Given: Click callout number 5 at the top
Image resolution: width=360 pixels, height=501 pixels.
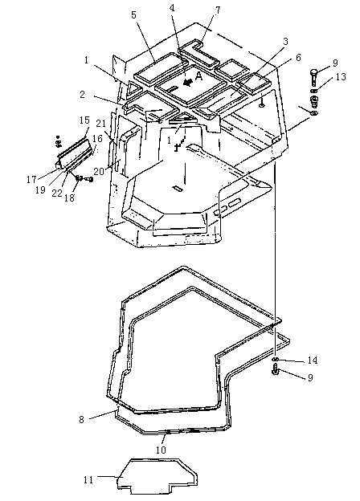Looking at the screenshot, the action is pos(134,15).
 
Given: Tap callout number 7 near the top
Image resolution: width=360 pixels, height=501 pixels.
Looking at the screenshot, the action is pos(218,10).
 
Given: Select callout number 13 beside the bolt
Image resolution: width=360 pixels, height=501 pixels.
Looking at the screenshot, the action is pos(341,77).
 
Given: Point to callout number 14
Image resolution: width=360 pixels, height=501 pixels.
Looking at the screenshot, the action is pos(313,360).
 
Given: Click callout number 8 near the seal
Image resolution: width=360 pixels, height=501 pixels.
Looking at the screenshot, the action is pos(82,419).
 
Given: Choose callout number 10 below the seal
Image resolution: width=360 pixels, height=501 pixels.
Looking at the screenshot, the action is pos(162,450).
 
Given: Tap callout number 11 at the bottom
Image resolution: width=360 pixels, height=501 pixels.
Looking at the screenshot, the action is pos(88,480).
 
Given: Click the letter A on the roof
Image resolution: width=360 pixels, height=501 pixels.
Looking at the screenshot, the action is pos(198,76).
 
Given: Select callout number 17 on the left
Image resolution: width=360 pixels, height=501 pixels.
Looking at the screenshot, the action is pos(31,180).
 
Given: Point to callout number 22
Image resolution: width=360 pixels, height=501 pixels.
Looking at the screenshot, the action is pos(57,193).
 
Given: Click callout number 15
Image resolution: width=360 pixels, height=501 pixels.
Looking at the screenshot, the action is pos(84,120).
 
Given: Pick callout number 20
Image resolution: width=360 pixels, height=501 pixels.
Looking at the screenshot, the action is pos(99,172).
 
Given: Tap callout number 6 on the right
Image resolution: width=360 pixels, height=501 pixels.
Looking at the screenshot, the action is pos(298,58).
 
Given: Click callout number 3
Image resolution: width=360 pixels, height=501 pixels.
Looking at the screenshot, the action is pos(285,41).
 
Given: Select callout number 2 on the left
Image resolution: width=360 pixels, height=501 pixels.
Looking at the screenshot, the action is pos(83,95).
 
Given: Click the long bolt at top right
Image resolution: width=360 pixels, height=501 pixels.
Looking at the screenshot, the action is pos(314,76).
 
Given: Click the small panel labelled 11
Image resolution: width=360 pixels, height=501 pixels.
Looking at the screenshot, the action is pos(157,476).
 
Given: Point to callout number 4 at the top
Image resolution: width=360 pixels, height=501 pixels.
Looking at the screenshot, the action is pos(172,8).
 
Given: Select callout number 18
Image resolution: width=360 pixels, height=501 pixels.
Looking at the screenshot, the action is pos(69,198).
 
